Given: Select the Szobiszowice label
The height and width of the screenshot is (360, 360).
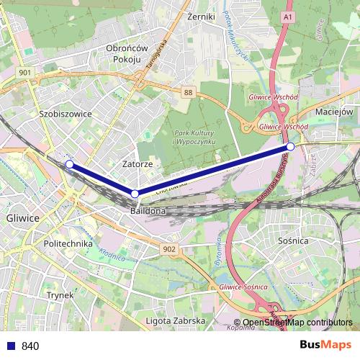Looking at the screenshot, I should pos(66,114).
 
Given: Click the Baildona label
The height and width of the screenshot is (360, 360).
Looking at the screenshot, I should pos(148,212).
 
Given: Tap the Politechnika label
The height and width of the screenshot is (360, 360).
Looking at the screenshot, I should pos(68,243).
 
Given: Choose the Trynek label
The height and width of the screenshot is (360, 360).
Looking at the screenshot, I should pos(60,294).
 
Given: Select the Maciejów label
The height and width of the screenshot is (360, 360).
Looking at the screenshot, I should pos(334,112).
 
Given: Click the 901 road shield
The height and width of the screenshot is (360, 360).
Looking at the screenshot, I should pos(26,73).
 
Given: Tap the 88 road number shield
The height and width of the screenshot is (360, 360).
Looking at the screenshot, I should pos(188,92).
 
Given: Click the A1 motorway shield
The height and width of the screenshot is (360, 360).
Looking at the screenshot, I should pos(287,16).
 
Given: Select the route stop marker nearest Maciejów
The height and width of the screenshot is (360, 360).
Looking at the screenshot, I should pos(290,147).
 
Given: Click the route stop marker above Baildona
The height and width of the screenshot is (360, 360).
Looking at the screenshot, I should pos(135,194).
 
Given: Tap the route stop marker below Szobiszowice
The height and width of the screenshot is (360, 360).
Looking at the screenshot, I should pos(69,165).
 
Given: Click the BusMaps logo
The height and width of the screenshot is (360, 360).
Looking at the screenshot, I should pos(325,345).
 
